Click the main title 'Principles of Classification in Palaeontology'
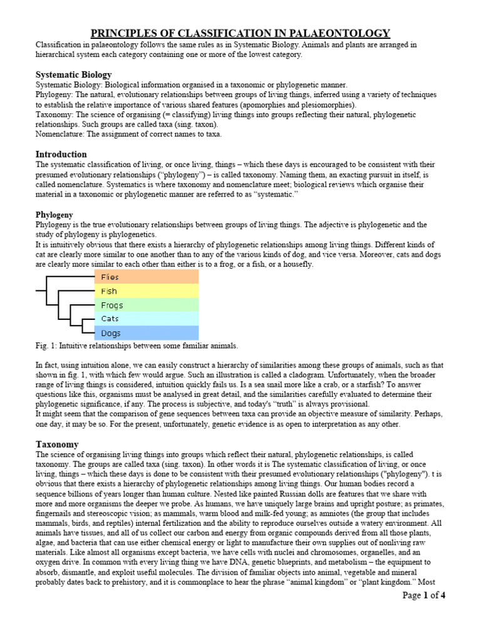240,33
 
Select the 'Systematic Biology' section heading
73,74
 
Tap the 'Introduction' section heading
61,154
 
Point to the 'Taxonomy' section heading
57,444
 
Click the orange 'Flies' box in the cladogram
147,277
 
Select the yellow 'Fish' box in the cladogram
147,291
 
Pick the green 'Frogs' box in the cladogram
147,305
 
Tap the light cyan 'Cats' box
147,319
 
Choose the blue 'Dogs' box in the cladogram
147,333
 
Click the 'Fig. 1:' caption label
47,346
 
